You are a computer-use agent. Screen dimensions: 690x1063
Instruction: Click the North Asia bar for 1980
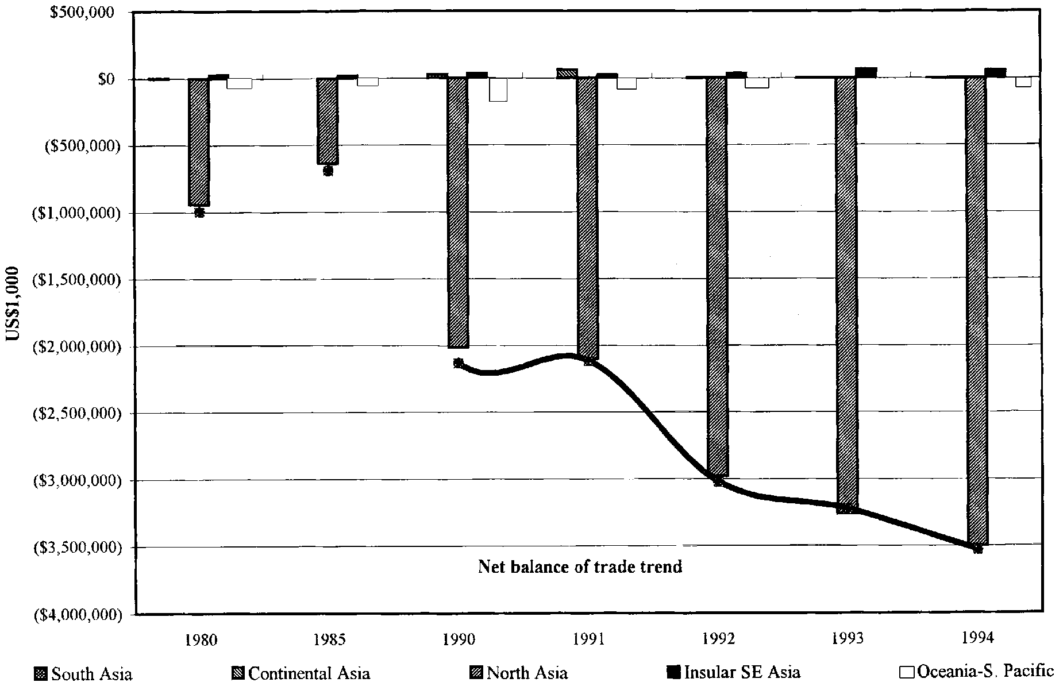tap(199, 142)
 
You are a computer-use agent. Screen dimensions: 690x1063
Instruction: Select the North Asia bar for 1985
tap(328, 121)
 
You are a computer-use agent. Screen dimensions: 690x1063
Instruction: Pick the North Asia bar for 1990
tap(458, 213)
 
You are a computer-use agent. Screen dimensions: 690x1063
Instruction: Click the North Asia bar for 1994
tap(977, 310)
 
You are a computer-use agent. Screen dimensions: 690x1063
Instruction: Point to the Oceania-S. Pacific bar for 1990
tap(498, 90)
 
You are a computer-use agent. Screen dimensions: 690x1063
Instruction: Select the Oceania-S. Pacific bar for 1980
tap(239, 84)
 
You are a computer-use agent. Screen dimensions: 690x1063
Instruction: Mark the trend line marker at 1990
tap(458, 363)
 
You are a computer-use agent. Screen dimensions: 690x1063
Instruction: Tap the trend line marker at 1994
tap(978, 549)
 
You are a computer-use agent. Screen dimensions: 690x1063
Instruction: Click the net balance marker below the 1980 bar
tap(199, 213)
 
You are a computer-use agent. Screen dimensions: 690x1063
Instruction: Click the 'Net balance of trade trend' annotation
tap(580, 567)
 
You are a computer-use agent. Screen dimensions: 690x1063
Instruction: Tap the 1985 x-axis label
tap(329, 639)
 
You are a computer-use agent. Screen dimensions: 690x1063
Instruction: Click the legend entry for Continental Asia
tap(302, 673)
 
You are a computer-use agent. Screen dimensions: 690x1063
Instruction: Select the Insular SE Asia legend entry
tap(734, 672)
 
